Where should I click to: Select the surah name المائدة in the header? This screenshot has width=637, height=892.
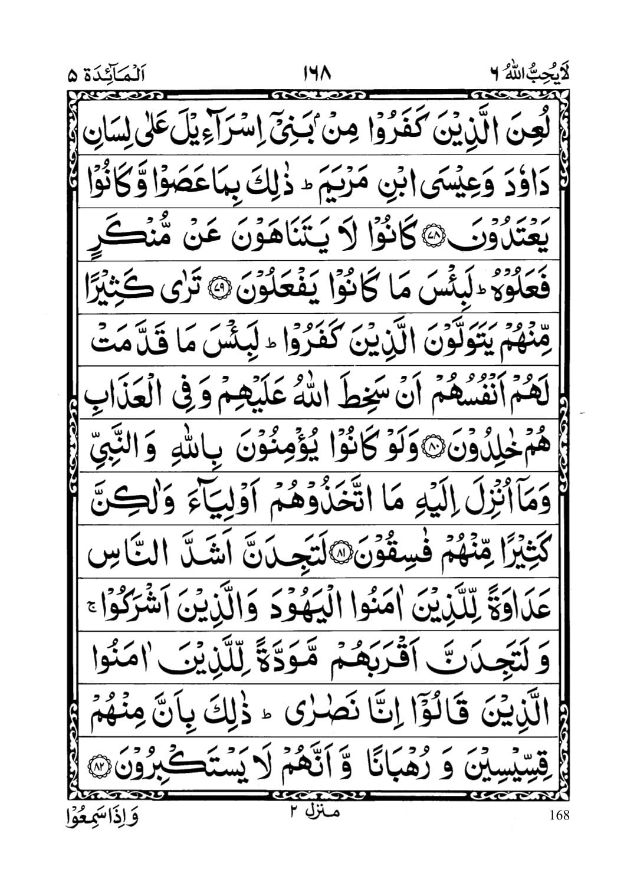[112, 76]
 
